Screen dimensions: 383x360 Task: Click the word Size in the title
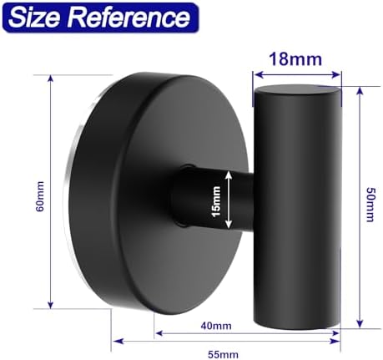[36, 18]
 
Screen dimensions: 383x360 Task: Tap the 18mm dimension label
[295, 59]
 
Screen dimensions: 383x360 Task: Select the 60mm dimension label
[40, 196]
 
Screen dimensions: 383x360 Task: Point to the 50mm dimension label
[370, 205]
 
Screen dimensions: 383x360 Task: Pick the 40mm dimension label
[216, 326]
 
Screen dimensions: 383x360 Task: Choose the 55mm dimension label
[223, 355]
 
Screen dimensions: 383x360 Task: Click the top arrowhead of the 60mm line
[50, 79]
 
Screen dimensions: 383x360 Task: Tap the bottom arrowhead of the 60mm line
[50, 305]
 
